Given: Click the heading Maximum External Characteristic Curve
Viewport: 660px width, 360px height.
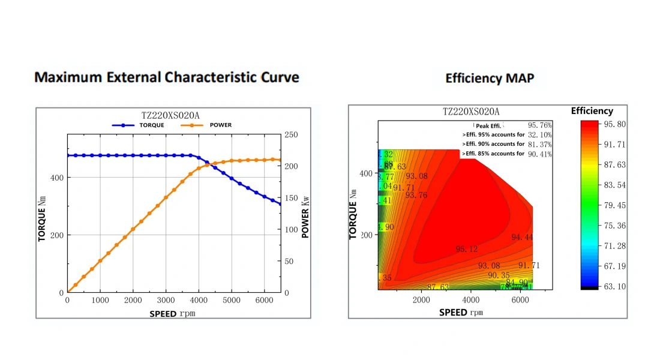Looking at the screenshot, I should tap(167, 77).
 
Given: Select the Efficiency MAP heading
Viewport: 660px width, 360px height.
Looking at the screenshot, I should tap(490, 78).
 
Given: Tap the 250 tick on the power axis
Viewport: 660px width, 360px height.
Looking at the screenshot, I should tap(291, 135).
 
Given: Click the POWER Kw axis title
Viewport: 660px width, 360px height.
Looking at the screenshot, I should tap(305, 214).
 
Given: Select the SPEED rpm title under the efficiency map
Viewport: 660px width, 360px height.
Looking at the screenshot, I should tap(460, 312).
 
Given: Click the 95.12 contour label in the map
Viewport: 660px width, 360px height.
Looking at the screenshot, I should tap(467, 249).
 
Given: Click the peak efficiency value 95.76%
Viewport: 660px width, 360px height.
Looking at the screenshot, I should tap(539, 125).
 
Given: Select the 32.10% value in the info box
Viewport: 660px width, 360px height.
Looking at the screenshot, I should tap(539, 135).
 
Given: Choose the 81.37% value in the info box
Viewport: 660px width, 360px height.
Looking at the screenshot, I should tap(539, 145).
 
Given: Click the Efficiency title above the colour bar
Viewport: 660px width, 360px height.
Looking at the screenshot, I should tap(592, 111).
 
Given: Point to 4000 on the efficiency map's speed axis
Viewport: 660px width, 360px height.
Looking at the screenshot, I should tap(471, 299).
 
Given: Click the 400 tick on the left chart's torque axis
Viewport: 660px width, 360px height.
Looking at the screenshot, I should tap(56, 178).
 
